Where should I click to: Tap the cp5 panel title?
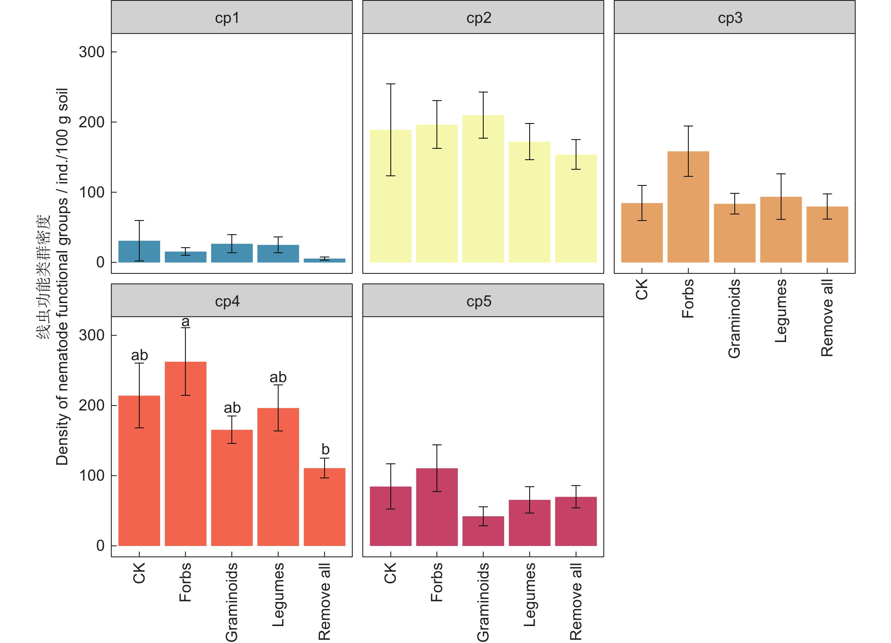[x=479, y=302]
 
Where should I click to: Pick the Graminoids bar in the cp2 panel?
[x=483, y=188]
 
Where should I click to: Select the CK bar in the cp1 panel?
[x=139, y=252]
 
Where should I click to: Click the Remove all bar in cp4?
[x=324, y=507]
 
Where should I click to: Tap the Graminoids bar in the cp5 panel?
[x=483, y=531]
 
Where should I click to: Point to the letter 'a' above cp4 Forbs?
[x=186, y=322]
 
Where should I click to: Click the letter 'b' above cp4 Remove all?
[x=325, y=449]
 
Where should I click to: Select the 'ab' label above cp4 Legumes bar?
[x=278, y=377]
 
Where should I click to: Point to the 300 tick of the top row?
[x=92, y=52]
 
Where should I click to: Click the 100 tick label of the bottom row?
[x=92, y=476]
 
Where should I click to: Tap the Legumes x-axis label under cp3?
[x=781, y=311]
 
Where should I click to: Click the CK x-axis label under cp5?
[x=391, y=573]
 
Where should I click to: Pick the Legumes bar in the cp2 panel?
[x=530, y=202]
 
